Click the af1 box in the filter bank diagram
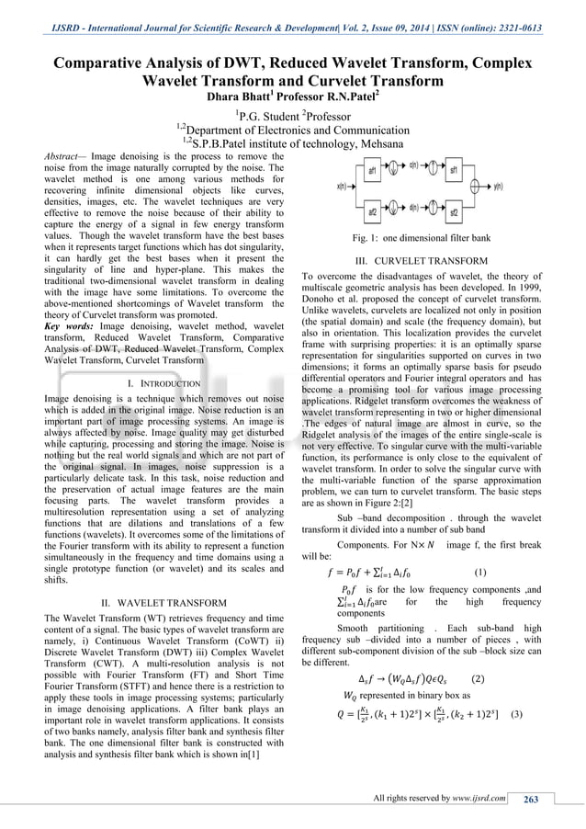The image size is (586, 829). [x=372, y=172]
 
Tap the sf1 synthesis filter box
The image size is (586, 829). [x=454, y=172]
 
